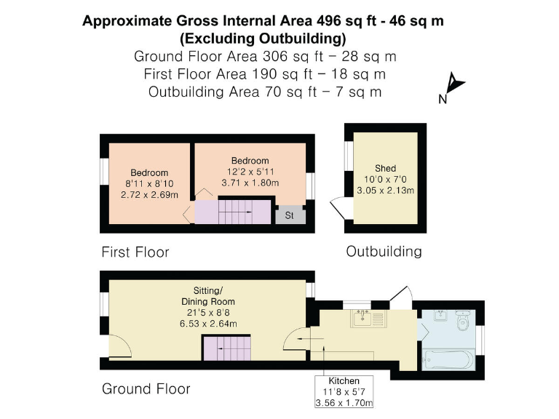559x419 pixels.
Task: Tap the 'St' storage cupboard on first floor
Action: (289, 215)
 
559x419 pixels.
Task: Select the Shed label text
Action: (385, 167)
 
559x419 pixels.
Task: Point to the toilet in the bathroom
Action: (463, 321)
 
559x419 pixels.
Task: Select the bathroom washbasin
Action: (440, 316)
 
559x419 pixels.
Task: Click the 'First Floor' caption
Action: (135, 252)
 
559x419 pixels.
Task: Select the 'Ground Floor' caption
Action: (146, 389)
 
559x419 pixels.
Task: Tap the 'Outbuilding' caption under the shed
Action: (384, 252)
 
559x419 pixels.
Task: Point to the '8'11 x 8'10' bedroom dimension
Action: (149, 185)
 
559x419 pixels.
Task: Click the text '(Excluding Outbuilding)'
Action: (263, 39)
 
